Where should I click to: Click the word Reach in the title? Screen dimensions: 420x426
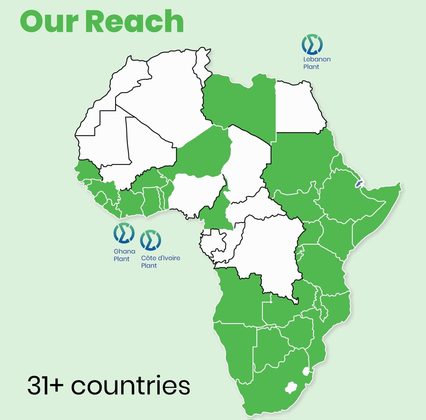coord(134,21)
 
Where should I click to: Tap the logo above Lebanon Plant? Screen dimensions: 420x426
coord(312,44)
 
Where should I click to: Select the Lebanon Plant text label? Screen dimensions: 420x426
coord(317,63)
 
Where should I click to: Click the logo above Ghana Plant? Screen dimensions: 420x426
coord(124,233)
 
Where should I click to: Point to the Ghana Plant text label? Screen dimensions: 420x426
coord(124,255)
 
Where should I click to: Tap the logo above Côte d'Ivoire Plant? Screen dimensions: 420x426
coord(150,240)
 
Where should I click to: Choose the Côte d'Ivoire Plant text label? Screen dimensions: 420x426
coord(160,262)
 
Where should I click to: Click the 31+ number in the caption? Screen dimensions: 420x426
coord(45,385)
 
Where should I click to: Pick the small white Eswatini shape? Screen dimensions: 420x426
coord(305,371)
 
